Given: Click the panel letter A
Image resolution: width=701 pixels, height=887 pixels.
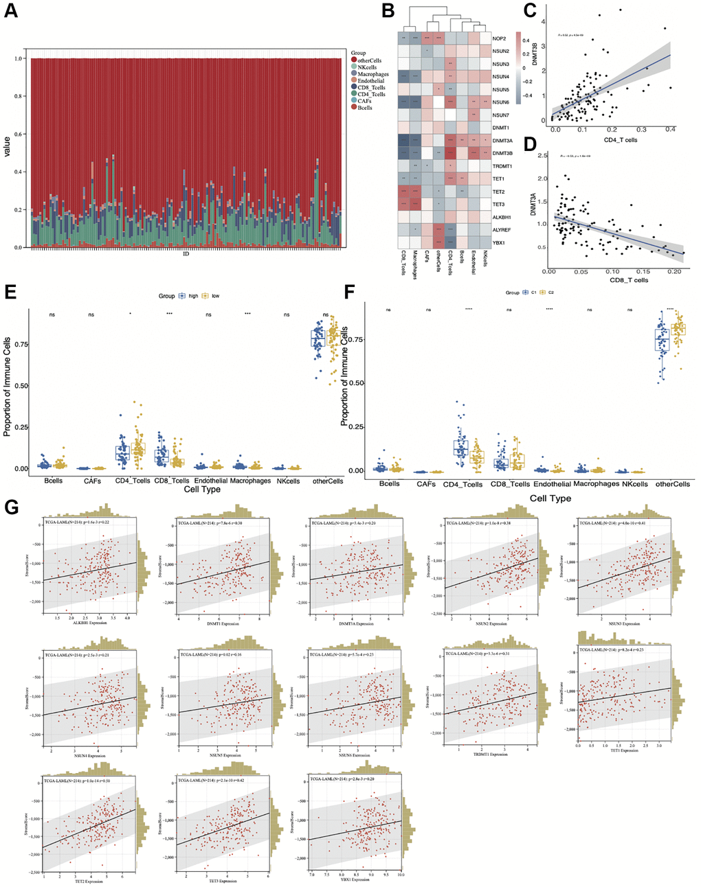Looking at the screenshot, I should click(x=11, y=13).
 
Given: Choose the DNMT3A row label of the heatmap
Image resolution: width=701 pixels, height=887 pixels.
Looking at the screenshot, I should click(x=503, y=140).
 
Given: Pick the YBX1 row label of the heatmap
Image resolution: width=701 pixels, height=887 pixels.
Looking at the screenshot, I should click(x=500, y=242).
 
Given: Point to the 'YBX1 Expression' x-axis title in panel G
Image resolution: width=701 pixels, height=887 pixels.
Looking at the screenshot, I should click(x=355, y=879).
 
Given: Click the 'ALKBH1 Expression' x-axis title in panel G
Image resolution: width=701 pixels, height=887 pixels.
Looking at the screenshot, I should click(x=87, y=623).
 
